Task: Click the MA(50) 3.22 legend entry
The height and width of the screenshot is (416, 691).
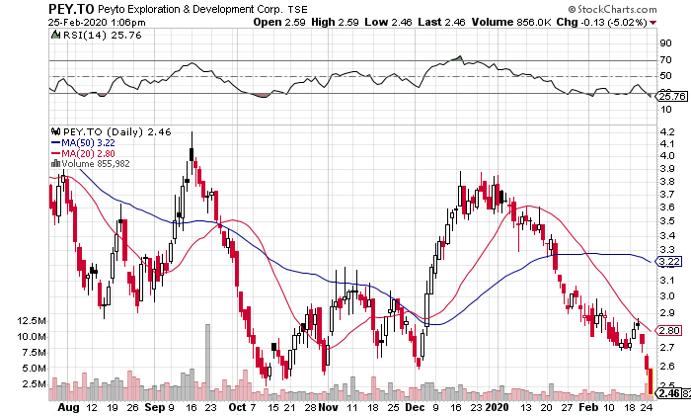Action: (x=82, y=142)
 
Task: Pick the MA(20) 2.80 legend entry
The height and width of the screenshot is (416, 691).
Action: (x=82, y=153)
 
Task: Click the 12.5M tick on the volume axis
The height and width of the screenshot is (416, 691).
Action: (x=22, y=321)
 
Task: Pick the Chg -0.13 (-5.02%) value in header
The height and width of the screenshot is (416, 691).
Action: (x=641, y=21)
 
